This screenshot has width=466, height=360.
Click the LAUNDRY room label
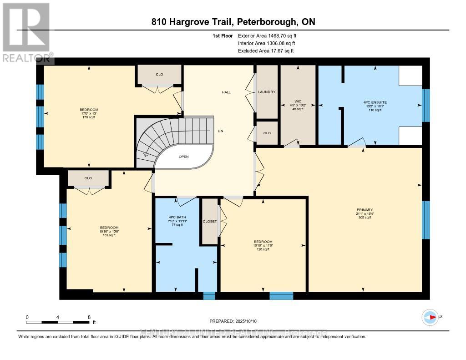tap(267, 92)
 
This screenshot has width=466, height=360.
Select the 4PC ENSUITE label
tap(375, 102)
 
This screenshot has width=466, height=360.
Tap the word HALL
tap(226, 92)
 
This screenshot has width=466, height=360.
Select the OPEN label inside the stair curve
tap(183, 157)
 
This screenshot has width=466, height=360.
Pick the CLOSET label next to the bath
tap(210, 221)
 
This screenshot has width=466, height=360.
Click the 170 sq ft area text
tap(88, 117)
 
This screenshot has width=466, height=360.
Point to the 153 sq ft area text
tap(109, 235)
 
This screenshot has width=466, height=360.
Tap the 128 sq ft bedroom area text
tap(263, 249)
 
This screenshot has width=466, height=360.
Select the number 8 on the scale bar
tap(89, 317)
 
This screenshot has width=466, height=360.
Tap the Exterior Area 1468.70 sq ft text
tap(269, 35)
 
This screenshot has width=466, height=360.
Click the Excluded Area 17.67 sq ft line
tap(266, 51)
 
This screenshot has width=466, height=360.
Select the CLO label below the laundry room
tap(267, 133)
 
